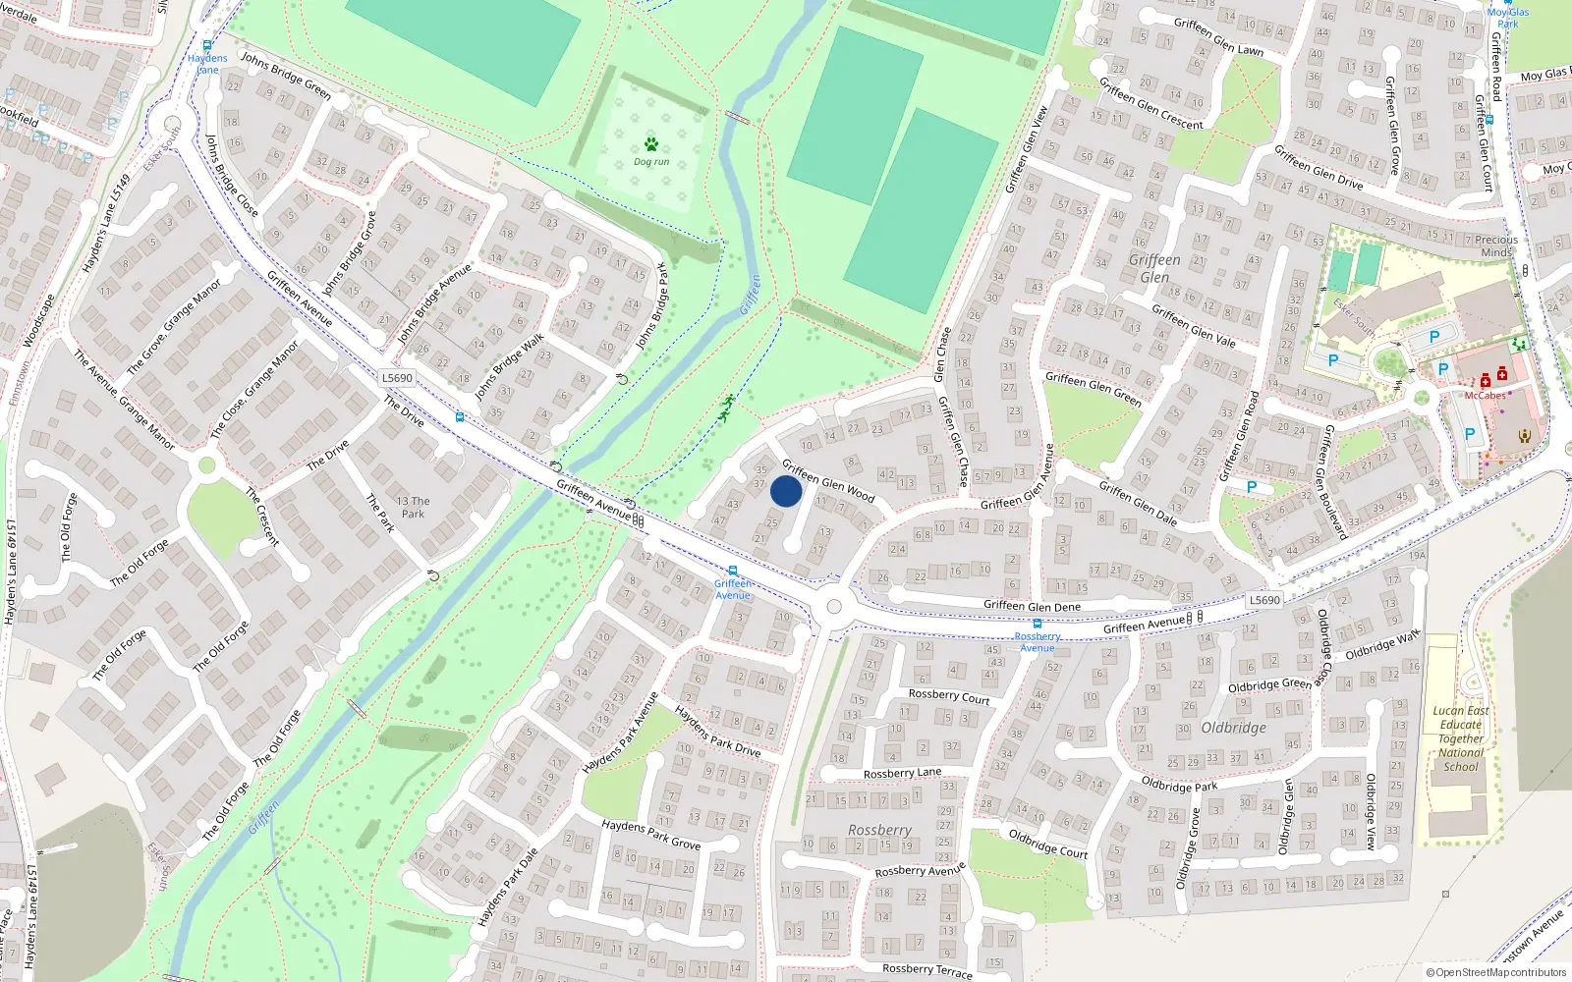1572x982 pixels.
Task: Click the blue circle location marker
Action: (786, 491)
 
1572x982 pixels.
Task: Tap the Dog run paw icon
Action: (650, 145)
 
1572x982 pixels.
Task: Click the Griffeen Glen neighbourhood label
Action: (1154, 268)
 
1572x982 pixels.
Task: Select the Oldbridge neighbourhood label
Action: (1233, 728)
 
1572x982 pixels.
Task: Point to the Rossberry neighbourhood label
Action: (879, 830)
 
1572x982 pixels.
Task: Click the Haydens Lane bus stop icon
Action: (207, 45)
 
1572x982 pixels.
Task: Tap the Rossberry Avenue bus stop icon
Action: (1037, 623)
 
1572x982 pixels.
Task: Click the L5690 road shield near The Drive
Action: (397, 378)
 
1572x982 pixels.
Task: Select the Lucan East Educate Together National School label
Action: (1461, 738)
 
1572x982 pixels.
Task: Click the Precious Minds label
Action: (1496, 245)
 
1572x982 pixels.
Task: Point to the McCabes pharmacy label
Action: (1486, 396)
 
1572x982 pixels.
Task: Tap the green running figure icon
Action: (726, 408)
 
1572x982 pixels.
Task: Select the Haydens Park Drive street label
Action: (717, 732)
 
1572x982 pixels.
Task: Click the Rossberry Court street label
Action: (948, 696)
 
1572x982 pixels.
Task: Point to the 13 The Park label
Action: (413, 507)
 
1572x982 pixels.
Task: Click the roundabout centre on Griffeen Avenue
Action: (834, 607)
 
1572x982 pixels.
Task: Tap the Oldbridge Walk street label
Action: (1382, 645)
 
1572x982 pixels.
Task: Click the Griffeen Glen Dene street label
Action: (1032, 606)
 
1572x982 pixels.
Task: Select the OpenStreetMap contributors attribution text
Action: (1496, 973)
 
